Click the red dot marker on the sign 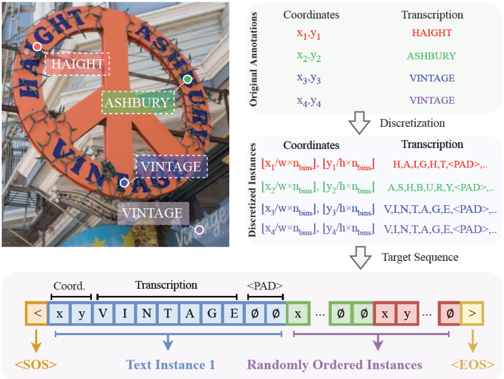pos(37,46)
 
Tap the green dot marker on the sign pos(187,79)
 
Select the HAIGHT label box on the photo pos(78,63)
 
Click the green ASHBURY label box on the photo pos(137,103)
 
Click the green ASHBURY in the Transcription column pos(431,56)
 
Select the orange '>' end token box pos(472,313)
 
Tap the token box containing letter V pos(102,313)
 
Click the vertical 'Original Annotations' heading pos(254,58)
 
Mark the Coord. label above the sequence pos(70,285)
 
